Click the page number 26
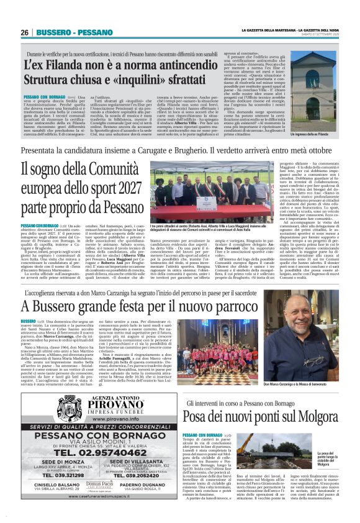24,32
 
